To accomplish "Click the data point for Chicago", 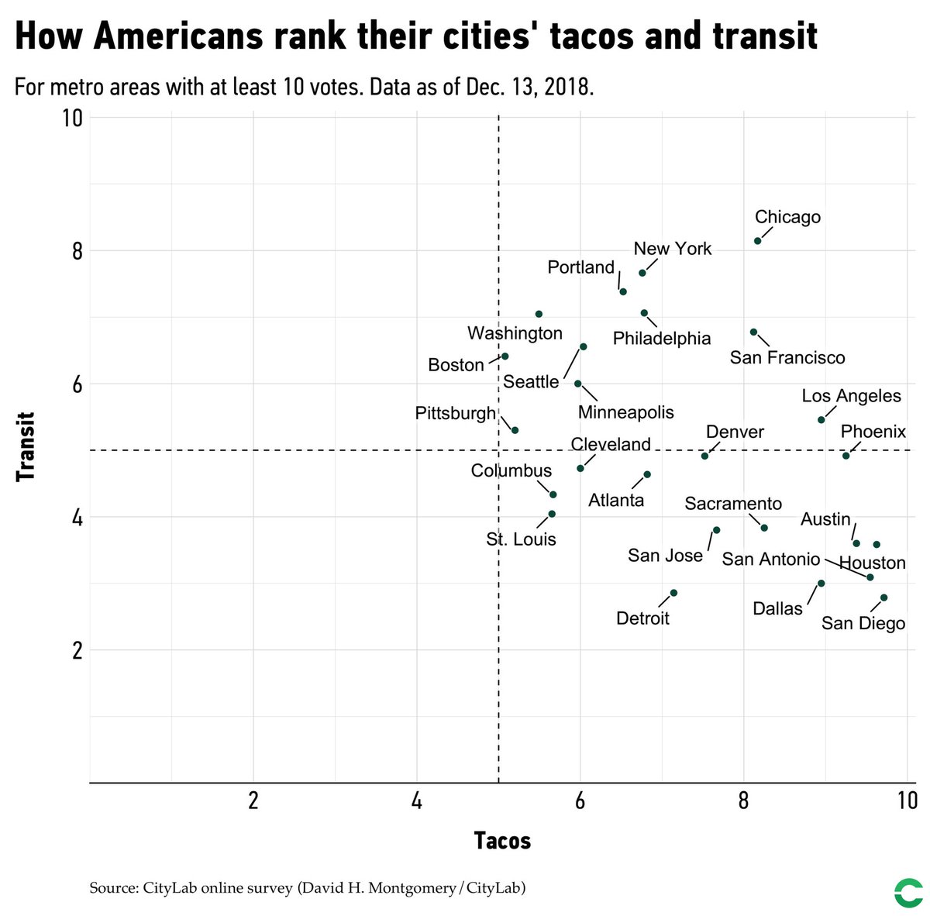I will coord(757,241).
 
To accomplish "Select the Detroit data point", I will coord(673,593).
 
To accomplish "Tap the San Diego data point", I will coord(883,597).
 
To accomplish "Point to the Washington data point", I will coord(539,314).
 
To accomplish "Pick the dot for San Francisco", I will coord(753,332).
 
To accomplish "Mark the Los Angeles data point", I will coord(821,420).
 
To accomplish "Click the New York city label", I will coord(672,249).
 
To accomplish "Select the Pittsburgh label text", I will coord(455,413).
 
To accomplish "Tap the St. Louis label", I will coord(521,539).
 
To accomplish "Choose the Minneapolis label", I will coord(625,412).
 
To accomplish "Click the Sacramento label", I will coord(733,504).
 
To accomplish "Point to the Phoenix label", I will coord(873,432).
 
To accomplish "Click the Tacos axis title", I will coord(502,841).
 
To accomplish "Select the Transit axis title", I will coord(26,449).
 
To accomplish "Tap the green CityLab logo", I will coord(906,892).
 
